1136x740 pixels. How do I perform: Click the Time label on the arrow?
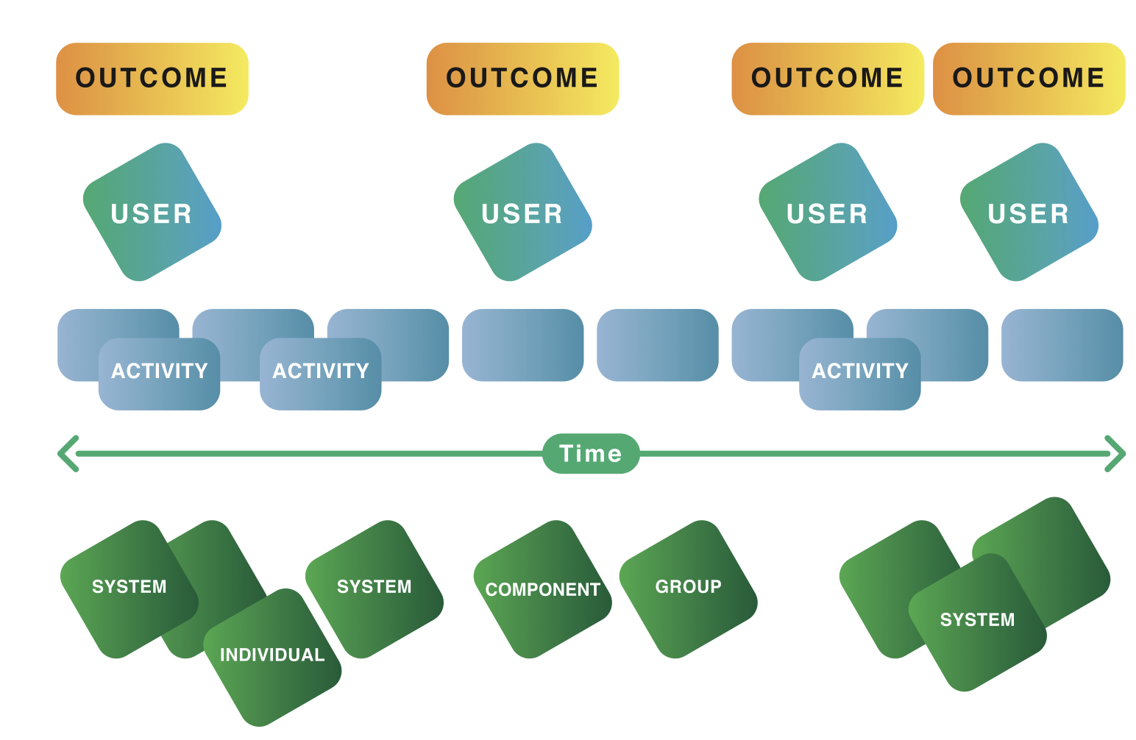pos(591,453)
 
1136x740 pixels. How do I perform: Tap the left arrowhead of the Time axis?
pos(68,453)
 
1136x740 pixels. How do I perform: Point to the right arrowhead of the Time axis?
pos(1115,453)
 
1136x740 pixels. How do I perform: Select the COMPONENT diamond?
pos(543,589)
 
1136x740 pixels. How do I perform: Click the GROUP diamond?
pos(688,589)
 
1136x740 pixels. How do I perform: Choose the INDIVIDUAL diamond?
pos(272,658)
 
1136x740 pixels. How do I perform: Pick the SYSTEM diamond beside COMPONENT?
pos(374,589)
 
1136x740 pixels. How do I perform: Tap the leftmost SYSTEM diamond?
pos(129,589)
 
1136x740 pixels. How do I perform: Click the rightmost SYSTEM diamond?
pos(977,622)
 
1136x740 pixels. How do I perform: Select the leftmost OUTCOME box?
pos(152,79)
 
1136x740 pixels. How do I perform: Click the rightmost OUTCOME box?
pos(1029,79)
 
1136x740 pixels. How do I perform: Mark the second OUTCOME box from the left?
pos(523,79)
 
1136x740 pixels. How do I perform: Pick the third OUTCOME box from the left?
pos(828,79)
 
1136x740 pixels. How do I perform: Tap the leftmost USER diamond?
pos(152,212)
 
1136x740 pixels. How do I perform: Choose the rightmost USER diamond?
pos(1029,212)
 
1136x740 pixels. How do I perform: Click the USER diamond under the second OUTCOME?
pos(523,212)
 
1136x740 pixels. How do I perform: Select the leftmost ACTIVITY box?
pos(159,374)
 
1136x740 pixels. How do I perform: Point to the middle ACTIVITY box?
pos(321,374)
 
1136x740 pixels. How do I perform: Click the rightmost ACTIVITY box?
pos(860,374)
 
